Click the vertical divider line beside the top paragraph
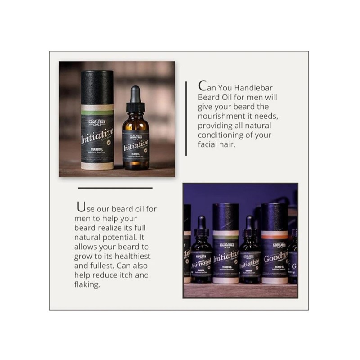(x=186, y=119)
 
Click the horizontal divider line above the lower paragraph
(x=115, y=188)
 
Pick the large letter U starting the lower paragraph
(x=81, y=207)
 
